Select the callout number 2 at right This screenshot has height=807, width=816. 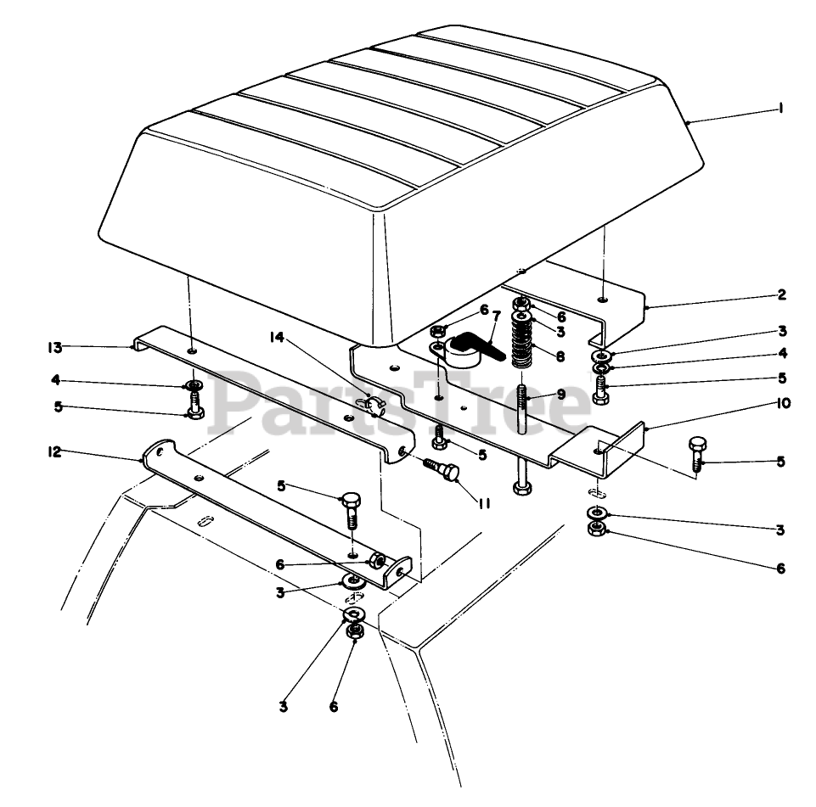click(780, 295)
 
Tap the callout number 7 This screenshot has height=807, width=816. click(497, 317)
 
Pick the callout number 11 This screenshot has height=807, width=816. click(485, 502)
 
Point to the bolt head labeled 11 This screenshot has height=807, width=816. click(449, 472)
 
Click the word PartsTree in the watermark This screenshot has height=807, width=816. click(399, 407)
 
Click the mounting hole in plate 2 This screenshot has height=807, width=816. click(602, 300)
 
